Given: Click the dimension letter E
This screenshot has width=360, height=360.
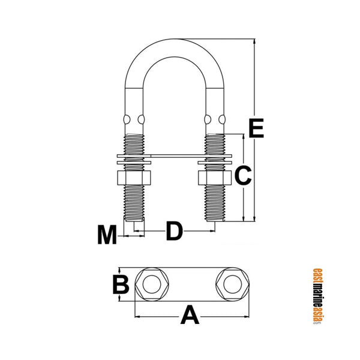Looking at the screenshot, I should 256,129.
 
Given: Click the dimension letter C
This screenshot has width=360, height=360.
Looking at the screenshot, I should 242,176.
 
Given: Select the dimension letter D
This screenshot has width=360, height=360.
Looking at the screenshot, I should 173,231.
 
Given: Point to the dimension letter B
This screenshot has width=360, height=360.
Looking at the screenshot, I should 122,284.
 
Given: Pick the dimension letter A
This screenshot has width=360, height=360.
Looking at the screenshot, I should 190,314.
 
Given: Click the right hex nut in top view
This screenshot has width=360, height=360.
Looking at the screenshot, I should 231,284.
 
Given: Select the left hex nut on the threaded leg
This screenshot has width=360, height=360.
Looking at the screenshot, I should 134,179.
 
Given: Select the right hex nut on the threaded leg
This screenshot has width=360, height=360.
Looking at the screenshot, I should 213,179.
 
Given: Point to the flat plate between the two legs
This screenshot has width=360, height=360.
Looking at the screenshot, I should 174,158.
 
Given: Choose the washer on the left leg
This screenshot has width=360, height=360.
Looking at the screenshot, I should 134,160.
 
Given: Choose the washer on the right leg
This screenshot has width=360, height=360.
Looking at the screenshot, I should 214,160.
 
